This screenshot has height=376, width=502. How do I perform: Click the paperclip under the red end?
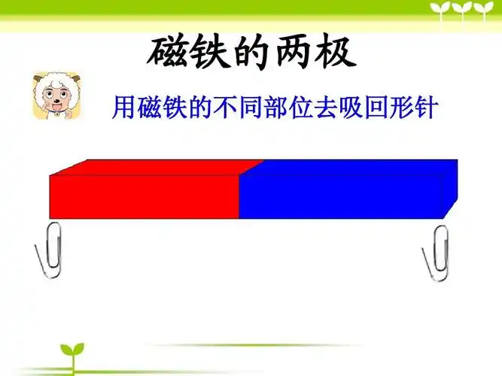click(x=51, y=250)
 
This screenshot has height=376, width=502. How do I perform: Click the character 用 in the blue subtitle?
click(x=124, y=108)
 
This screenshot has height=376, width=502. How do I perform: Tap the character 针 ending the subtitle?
click(x=424, y=108)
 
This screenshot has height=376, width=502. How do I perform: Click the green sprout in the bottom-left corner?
click(x=72, y=354)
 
